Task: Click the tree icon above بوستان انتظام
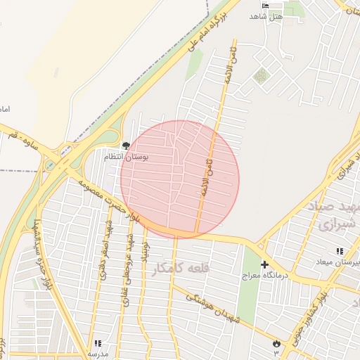(126, 146)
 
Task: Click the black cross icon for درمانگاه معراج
(264, 265)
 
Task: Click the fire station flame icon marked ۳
(276, 343)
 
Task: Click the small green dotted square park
(262, 75)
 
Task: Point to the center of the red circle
(180, 179)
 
